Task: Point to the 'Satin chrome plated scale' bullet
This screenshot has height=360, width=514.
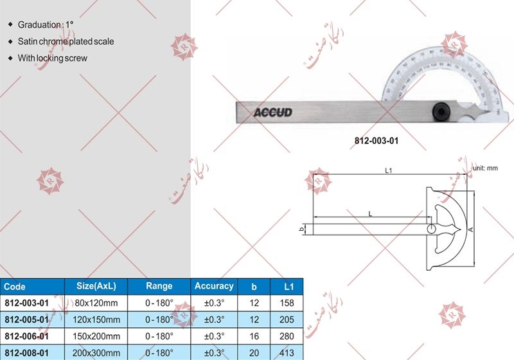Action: [x=66, y=41]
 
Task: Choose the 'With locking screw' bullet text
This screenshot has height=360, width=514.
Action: [x=52, y=58]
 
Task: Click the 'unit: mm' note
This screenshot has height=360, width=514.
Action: [x=486, y=168]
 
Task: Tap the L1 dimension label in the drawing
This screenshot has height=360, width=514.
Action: [x=389, y=171]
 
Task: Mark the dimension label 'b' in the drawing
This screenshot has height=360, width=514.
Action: [x=301, y=229]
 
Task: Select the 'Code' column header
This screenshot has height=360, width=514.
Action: [x=14, y=287]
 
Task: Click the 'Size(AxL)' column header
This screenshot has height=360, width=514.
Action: [x=94, y=287]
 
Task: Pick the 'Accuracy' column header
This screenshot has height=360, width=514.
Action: [x=213, y=286]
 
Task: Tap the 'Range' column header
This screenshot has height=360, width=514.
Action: [x=159, y=287]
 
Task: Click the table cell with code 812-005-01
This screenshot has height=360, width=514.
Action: [x=28, y=319]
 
